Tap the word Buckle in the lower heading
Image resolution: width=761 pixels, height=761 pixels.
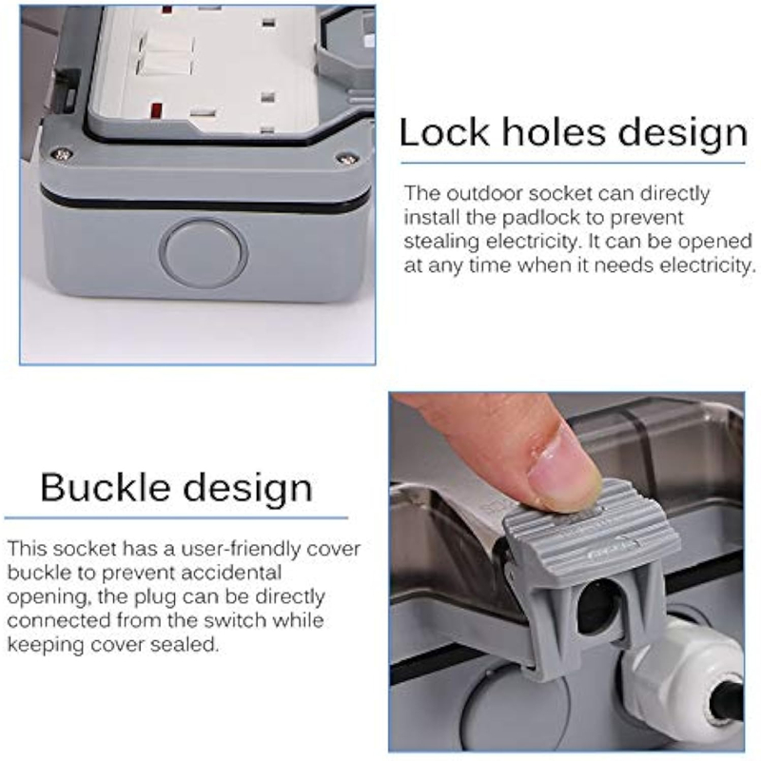(106, 487)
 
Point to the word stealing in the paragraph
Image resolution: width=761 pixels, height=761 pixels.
(441, 243)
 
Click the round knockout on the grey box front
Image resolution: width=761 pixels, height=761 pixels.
(204, 252)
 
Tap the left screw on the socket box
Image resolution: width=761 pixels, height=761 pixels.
(62, 154)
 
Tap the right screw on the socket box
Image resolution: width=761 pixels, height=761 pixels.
(345, 157)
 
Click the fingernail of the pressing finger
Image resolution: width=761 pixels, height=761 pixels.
(562, 469)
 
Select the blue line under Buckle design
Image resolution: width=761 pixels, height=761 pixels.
(176, 517)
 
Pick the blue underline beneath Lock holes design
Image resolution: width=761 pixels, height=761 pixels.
(573, 163)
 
